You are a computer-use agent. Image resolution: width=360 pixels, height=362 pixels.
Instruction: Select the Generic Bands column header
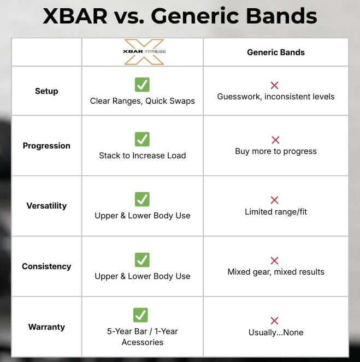[x=276, y=52]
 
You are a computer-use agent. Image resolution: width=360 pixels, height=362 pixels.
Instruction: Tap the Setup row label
[x=46, y=91]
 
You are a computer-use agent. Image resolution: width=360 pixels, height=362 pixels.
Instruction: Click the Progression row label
[x=46, y=146]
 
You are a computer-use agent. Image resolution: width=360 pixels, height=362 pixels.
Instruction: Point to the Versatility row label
[x=46, y=206]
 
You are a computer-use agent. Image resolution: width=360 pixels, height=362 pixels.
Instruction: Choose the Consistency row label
[x=46, y=266]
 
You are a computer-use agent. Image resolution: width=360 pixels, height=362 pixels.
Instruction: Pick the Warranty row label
[x=46, y=327]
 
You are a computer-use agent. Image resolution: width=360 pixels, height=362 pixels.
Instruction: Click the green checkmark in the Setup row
[x=142, y=85]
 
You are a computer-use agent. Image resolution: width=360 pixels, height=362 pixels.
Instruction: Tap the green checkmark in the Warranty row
[x=140, y=315]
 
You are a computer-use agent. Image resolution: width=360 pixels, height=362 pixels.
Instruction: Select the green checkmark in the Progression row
[x=142, y=139]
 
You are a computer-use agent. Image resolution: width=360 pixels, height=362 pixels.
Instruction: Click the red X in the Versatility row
[x=275, y=200]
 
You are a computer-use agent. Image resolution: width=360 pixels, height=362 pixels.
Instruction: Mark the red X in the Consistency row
[x=275, y=260]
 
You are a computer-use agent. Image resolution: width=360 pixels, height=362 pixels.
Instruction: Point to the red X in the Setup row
[x=275, y=86]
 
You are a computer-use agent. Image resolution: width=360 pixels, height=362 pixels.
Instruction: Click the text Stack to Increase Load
[x=142, y=156]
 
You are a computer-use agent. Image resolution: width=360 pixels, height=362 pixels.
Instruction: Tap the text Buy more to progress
[x=276, y=151]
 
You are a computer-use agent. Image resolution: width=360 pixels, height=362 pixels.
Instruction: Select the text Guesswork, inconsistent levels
[x=276, y=97]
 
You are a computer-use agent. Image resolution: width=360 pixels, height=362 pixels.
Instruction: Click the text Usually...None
[x=276, y=332]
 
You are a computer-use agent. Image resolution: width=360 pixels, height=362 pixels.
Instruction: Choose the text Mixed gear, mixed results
[x=276, y=271]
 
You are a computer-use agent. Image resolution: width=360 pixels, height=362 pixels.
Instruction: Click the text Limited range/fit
[x=276, y=211]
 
